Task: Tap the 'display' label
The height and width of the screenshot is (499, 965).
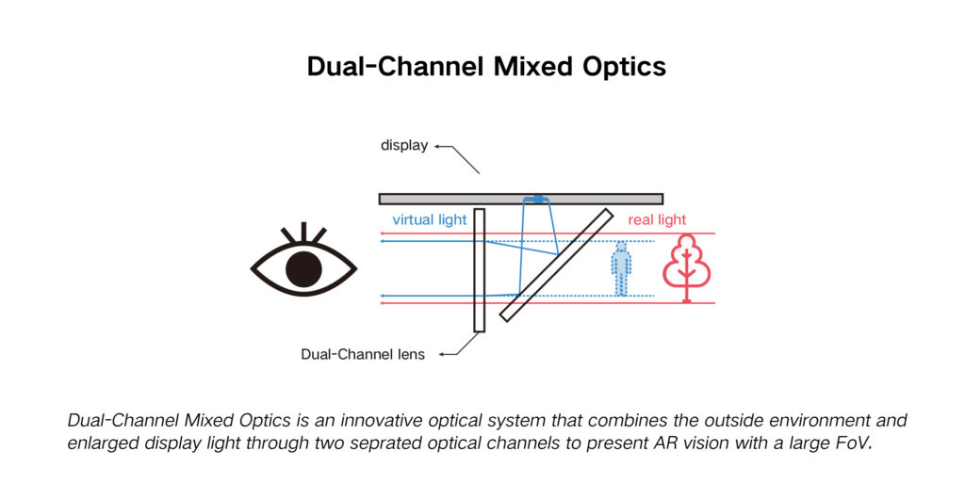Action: point(404,146)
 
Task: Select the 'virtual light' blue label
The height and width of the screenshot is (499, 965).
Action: point(429,220)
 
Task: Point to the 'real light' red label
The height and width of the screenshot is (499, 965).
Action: point(657,220)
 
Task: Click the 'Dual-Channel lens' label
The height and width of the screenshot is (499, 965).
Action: point(363,355)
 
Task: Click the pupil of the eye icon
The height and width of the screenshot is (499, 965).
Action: point(303,269)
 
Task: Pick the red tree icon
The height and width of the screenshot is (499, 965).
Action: point(686,267)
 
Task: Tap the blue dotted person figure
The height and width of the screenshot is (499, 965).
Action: point(620,268)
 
